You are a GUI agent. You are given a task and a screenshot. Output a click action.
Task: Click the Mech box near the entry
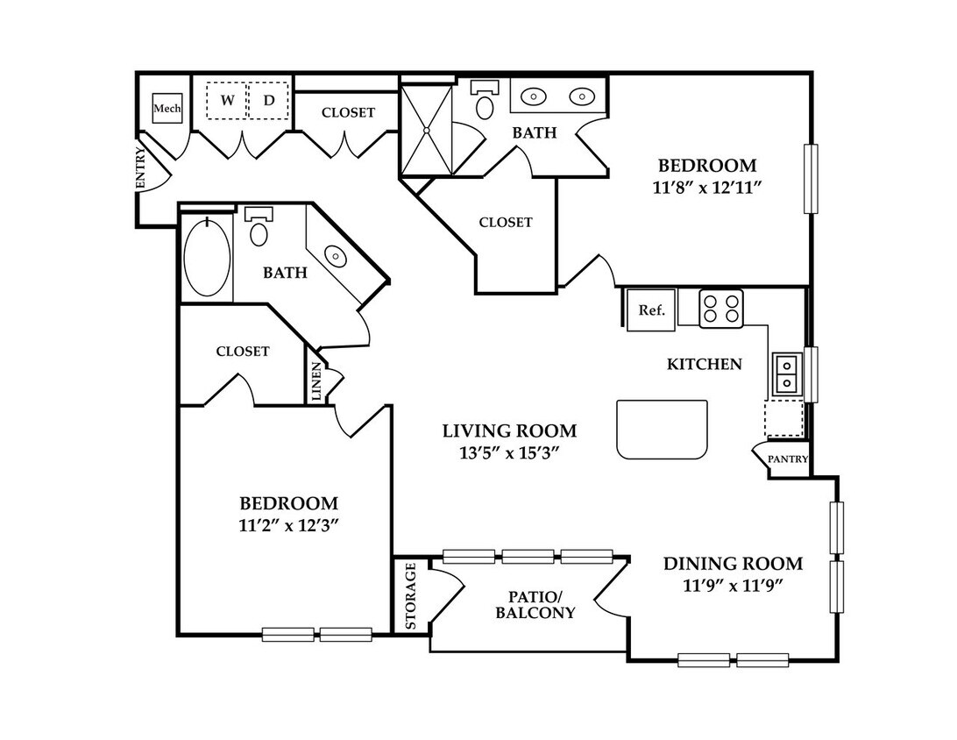pos(167,109)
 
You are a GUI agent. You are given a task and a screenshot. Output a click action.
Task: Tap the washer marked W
pos(227,101)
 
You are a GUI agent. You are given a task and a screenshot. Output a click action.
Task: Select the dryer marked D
pos(268,101)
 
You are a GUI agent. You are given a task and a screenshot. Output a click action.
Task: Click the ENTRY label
pos(140,168)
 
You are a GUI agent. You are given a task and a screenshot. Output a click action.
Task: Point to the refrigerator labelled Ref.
pos(651,310)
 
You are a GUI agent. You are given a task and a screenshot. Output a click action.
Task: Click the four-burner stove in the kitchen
pos(720,309)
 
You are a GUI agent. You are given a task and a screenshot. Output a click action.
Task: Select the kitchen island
pos(663,430)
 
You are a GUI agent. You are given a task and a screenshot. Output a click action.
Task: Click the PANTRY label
pos(787,459)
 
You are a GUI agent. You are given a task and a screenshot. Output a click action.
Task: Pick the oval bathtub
pos(208,257)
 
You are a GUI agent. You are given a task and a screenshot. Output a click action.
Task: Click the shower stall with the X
pos(427,130)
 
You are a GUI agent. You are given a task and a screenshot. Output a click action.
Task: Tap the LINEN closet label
pos(316,381)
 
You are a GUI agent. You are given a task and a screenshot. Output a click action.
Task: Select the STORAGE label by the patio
pos(411,596)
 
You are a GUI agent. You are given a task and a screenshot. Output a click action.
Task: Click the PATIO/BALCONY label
pos(535,605)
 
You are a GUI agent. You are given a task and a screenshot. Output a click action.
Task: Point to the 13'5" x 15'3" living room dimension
pos(509,453)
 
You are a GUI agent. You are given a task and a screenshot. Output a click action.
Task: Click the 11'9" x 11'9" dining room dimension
pos(733,586)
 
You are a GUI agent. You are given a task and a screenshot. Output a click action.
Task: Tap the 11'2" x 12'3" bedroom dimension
pos(288,525)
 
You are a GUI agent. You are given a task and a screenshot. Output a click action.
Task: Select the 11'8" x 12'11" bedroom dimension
pos(706,188)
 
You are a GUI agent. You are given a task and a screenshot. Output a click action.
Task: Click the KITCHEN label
pos(705,365)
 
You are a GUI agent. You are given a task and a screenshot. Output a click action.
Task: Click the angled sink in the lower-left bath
pos(335,255)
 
